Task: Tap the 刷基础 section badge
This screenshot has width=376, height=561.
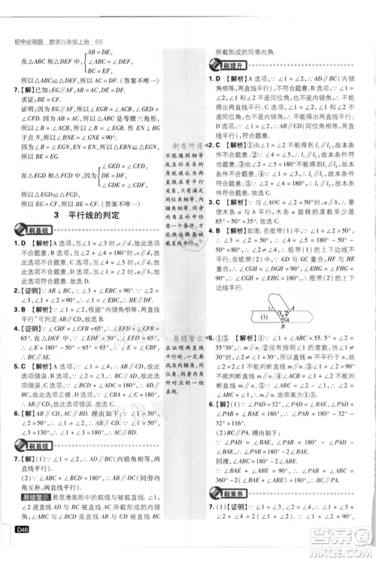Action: (x=35, y=231)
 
